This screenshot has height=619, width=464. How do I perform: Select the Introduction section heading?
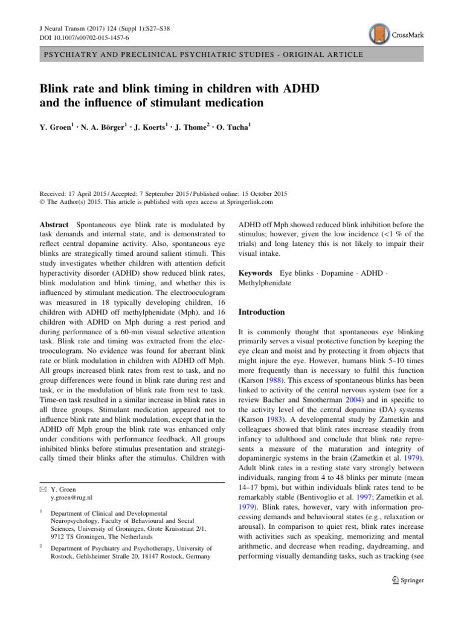coord(261,313)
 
